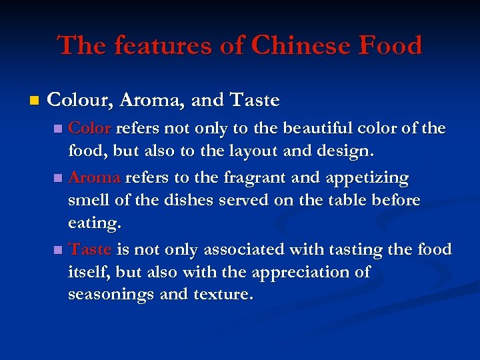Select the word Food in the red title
(x=391, y=46)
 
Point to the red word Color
(x=90, y=128)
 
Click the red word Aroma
(x=94, y=177)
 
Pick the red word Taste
(x=90, y=250)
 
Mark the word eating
(x=95, y=224)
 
